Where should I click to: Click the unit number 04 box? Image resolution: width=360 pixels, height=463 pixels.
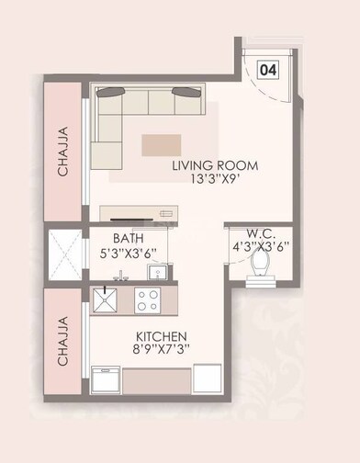[x=269, y=69]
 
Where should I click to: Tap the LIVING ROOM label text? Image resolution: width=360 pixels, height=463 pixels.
[x=215, y=166]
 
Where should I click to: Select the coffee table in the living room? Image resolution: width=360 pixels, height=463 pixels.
[x=162, y=143]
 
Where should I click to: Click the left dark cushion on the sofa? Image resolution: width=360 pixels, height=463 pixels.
[x=110, y=92]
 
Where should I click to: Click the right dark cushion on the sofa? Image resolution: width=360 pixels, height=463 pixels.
[x=188, y=92]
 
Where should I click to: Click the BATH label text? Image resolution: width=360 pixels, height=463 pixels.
[x=128, y=241]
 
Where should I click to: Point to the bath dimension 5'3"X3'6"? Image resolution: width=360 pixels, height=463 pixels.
[x=128, y=255]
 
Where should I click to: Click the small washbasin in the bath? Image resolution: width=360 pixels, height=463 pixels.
[x=157, y=273]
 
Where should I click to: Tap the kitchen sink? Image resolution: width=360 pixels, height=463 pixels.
[x=103, y=299]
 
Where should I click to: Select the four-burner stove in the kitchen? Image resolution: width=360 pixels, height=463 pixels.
[x=148, y=299]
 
